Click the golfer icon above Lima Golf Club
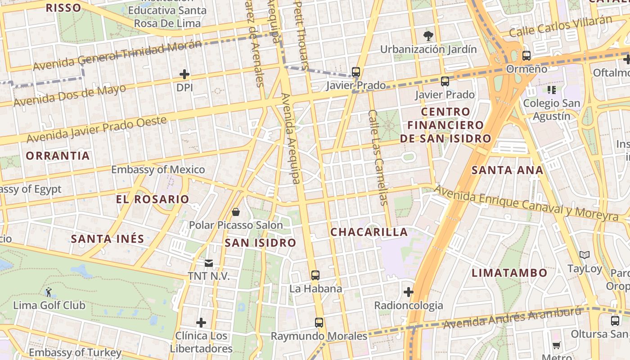click(x=49, y=292)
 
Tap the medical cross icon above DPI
click(x=184, y=74)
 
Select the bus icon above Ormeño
click(x=526, y=56)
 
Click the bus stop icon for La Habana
click(x=315, y=275)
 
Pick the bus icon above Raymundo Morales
click(x=319, y=322)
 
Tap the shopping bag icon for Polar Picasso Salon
click(x=235, y=211)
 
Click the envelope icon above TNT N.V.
click(x=209, y=263)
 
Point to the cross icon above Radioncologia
click(x=408, y=292)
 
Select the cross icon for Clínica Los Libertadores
click(x=201, y=322)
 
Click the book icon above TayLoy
click(x=585, y=255)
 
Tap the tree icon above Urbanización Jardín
click(x=428, y=35)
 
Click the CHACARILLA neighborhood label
click(x=369, y=232)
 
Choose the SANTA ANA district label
click(x=507, y=170)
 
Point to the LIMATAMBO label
click(x=509, y=273)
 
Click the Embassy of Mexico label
click(x=158, y=170)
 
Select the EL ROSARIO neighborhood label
click(x=153, y=199)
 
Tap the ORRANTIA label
click(x=58, y=156)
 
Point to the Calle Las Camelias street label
click(x=378, y=157)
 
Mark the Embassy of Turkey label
click(x=75, y=352)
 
